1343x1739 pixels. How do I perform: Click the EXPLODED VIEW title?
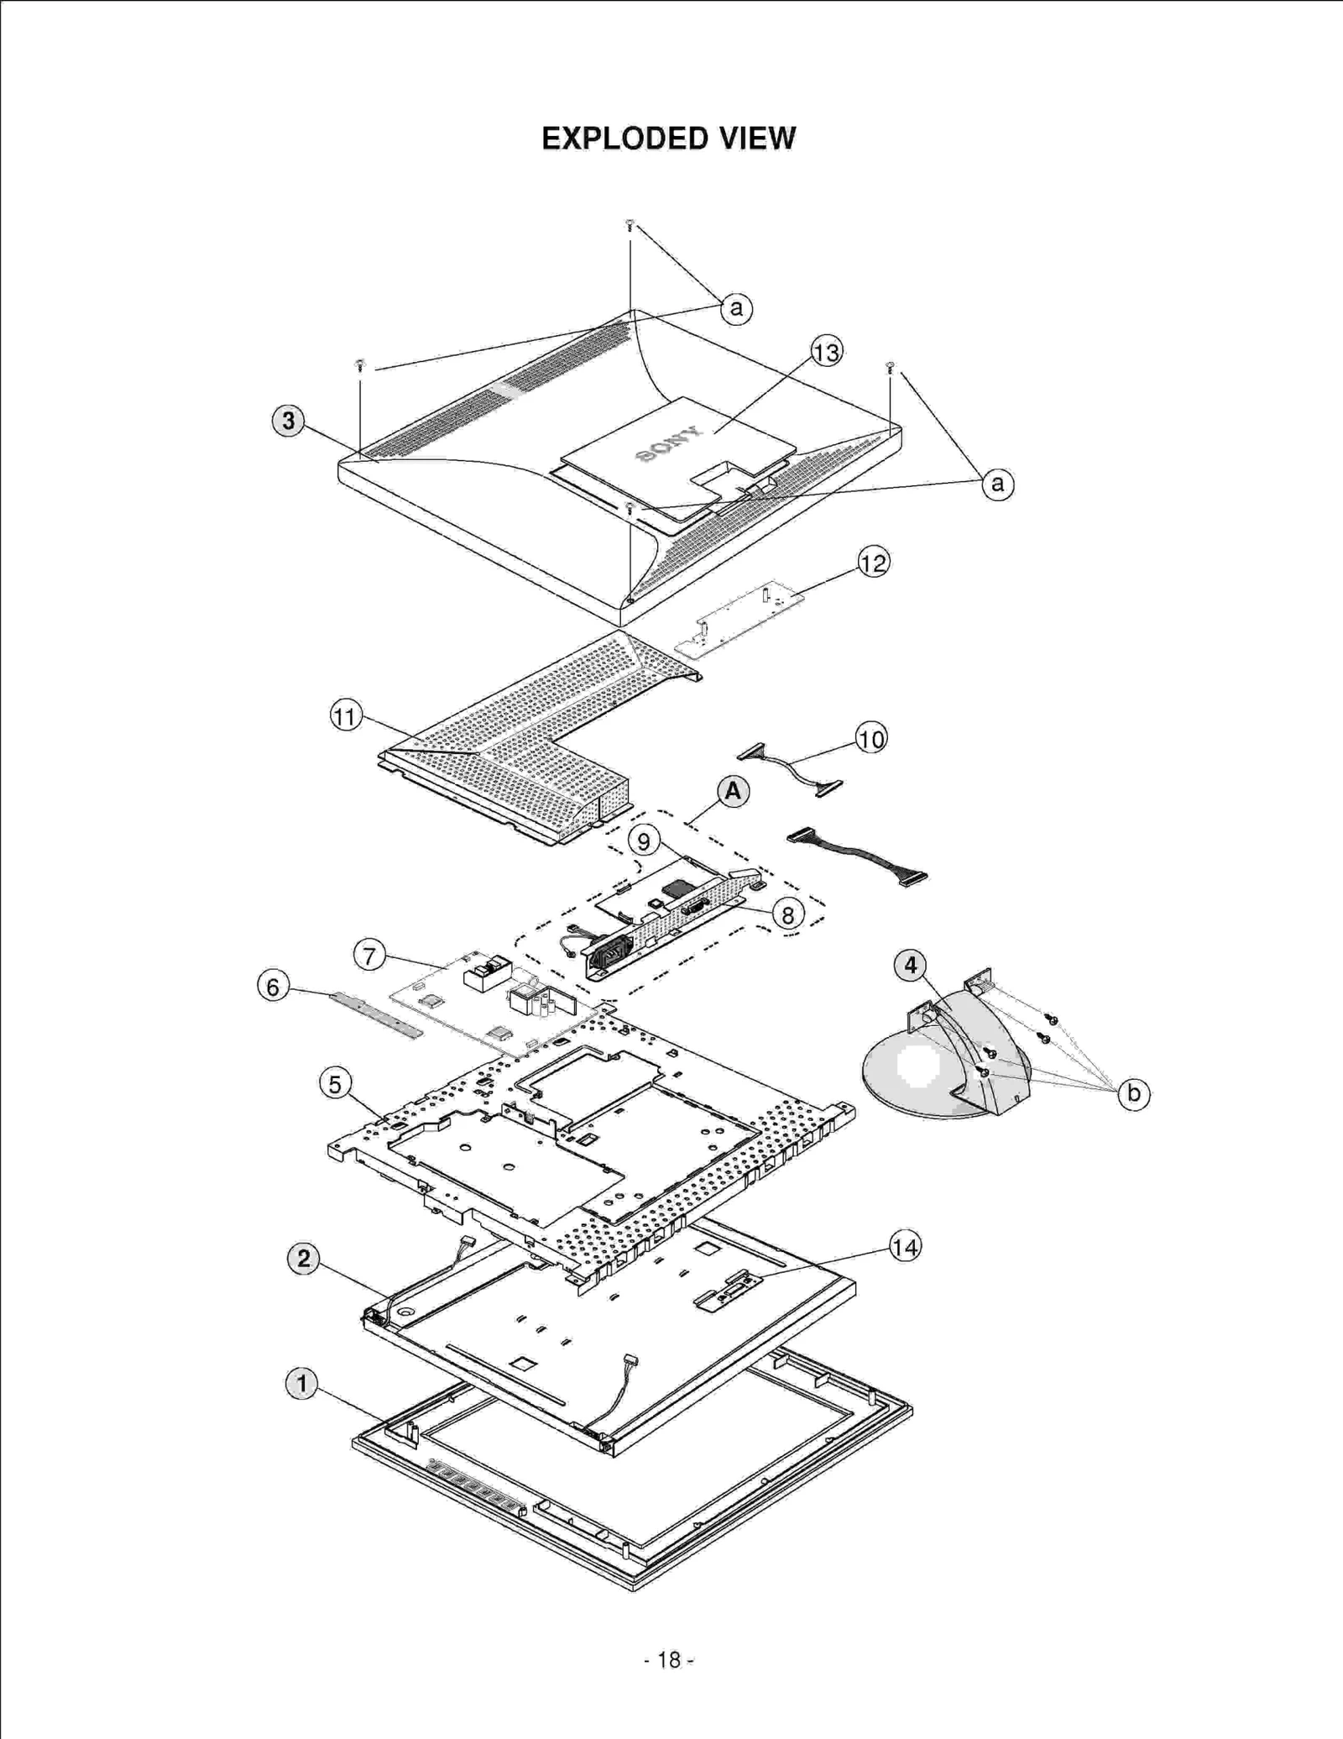[668, 139]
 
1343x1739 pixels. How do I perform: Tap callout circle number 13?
[827, 352]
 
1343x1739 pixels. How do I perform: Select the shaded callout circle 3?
[289, 421]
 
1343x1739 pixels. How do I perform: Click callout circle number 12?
[873, 563]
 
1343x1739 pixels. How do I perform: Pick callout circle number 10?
[871, 739]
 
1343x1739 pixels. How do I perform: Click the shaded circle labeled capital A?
[733, 791]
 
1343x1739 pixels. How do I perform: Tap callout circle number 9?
[644, 841]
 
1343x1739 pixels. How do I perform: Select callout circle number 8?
[787, 914]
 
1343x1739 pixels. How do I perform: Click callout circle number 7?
[370, 955]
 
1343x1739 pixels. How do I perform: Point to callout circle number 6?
[273, 987]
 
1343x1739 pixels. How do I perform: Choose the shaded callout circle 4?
[911, 966]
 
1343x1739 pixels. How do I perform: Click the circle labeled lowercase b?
[1134, 1093]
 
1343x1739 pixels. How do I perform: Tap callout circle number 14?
[905, 1247]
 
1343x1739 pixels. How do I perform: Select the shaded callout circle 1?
[302, 1383]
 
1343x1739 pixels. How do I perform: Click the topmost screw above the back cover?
[630, 224]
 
